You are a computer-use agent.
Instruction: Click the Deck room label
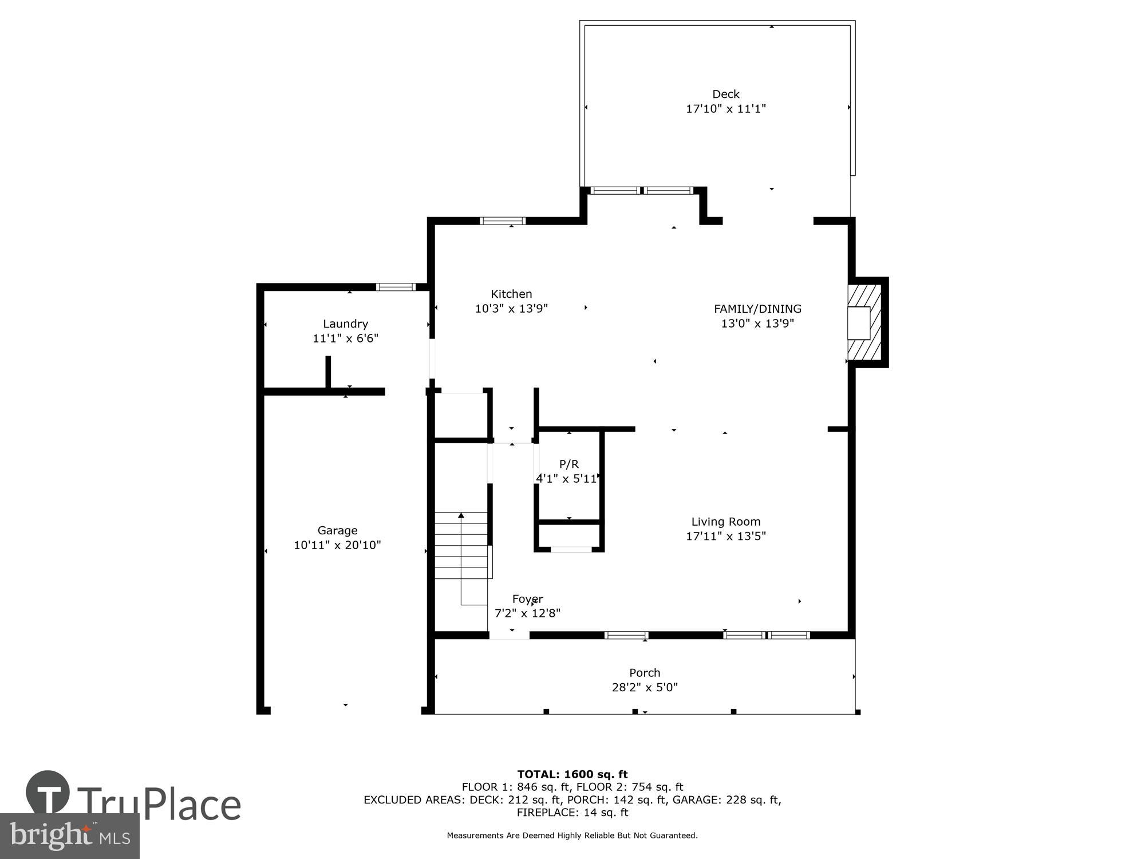coord(725,94)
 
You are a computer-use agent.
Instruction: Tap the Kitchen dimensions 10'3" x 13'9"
coord(511,309)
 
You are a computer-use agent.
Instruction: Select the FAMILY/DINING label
coord(757,309)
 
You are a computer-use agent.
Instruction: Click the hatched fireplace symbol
coord(864,322)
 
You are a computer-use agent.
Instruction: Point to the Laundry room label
coord(345,324)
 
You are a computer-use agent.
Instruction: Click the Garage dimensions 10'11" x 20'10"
coord(337,545)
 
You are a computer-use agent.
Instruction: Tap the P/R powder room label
coord(568,464)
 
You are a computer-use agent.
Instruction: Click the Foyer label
coord(527,599)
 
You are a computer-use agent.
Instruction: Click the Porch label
coord(645,673)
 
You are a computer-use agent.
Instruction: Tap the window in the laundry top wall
coord(396,287)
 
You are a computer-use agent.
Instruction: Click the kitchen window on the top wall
coord(502,220)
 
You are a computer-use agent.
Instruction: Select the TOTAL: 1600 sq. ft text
coord(572,774)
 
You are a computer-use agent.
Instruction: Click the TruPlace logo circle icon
coord(48,793)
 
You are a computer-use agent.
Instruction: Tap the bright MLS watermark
coord(69,836)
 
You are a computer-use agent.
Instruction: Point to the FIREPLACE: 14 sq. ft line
coord(572,813)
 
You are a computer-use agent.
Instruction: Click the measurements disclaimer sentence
coord(572,836)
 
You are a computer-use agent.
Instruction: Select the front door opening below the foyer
coord(509,635)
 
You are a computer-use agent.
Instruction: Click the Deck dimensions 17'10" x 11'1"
coord(725,109)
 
